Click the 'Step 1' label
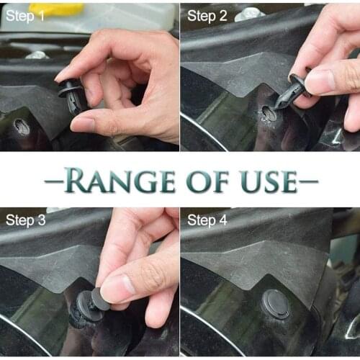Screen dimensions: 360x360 coord(26,15)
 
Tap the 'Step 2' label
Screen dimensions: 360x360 coord(207,15)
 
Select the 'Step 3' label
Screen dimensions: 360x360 coord(26,220)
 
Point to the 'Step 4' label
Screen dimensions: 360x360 coord(207,220)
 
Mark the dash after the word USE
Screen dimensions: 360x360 coord(308,181)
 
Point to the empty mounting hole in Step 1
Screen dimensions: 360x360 coord(22,127)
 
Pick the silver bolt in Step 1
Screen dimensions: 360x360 coord(36,55)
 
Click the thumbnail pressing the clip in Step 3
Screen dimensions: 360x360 coord(115,288)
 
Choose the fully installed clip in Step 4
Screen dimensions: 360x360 coord(275,304)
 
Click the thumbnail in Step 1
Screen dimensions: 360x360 coord(84,124)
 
